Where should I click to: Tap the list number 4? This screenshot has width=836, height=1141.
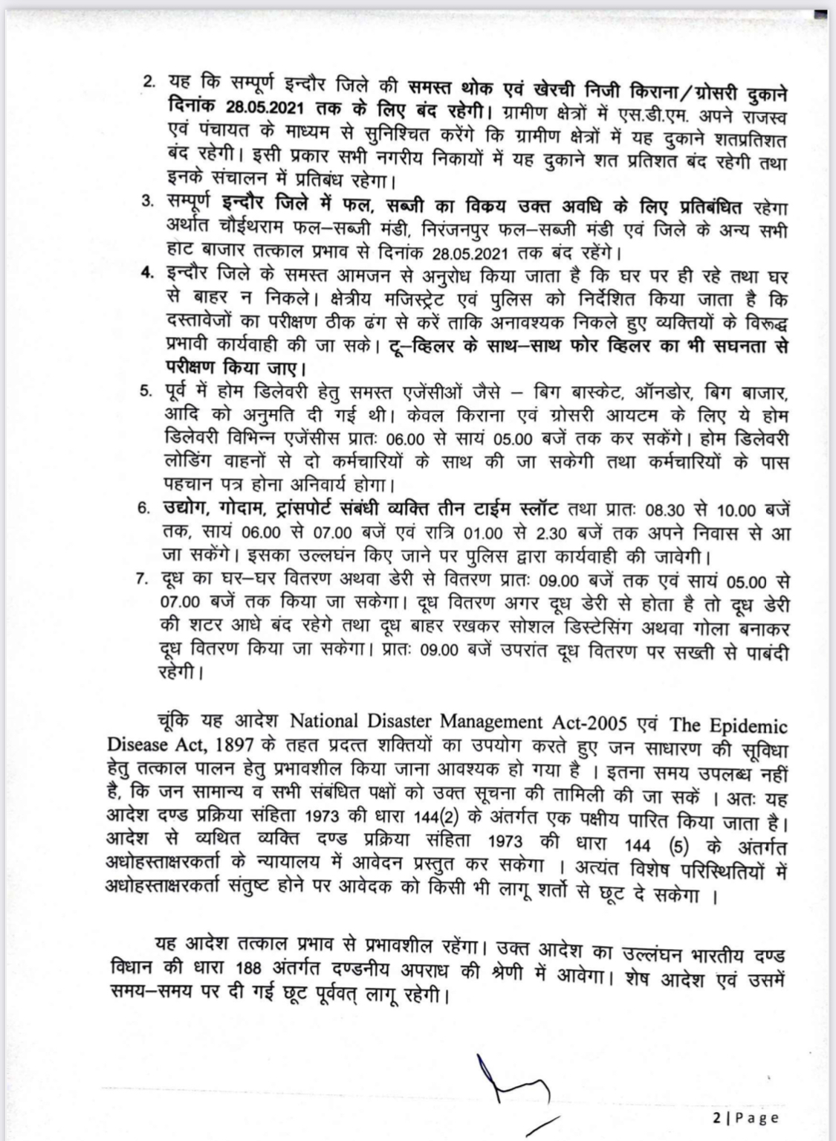click(x=147, y=274)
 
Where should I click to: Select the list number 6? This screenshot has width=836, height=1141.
click(x=144, y=510)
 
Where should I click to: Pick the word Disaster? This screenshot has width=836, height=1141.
click(x=400, y=721)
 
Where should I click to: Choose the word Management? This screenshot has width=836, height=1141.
click(x=498, y=721)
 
